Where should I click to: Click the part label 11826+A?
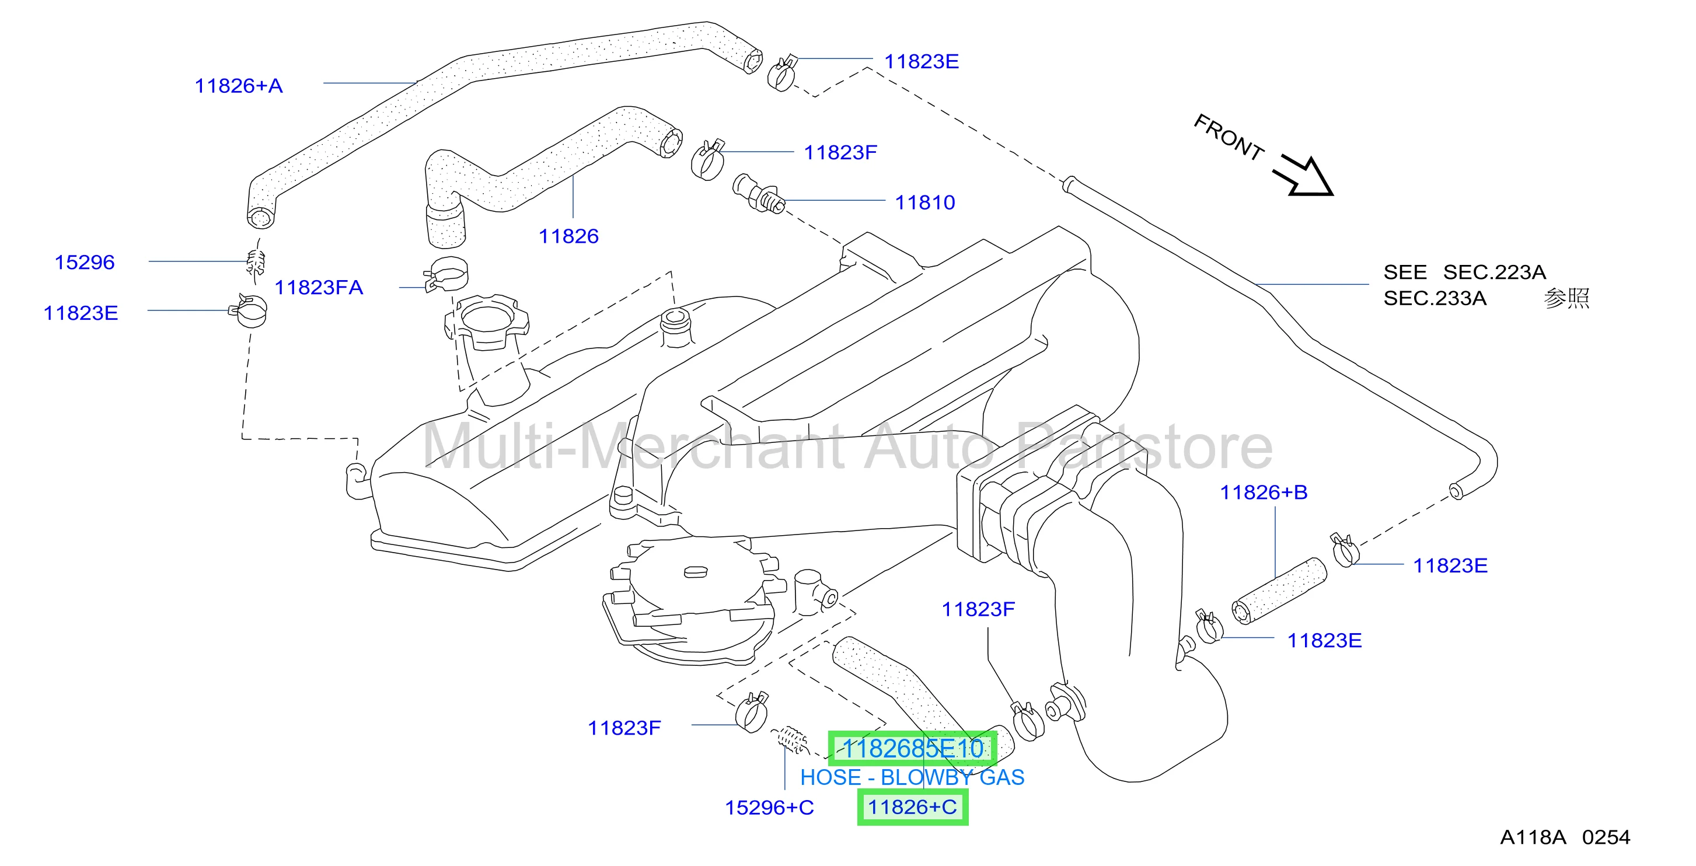point(238,86)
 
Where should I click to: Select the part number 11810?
point(924,202)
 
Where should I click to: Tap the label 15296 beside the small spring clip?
point(84,262)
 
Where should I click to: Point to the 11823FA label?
point(319,287)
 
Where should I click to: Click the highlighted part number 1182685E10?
point(913,749)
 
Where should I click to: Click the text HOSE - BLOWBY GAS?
point(912,778)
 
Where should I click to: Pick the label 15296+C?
point(769,808)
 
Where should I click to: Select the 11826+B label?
point(1264,492)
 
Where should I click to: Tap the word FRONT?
point(1229,137)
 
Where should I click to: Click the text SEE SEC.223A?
point(1464,272)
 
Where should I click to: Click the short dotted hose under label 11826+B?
point(1279,591)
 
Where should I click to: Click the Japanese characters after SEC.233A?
point(1567,298)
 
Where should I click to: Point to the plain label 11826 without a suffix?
point(569,236)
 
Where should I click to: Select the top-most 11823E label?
point(921,61)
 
